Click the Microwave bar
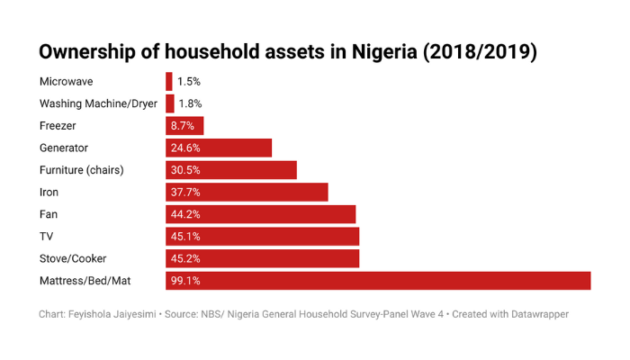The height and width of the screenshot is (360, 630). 168,81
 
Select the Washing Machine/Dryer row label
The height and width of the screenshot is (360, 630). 98,103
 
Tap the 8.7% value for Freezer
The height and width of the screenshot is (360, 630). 182,126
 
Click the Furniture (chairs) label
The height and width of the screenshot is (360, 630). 81,170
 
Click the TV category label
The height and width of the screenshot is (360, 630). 47,237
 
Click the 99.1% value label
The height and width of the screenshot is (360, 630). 184,281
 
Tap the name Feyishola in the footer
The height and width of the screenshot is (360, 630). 100,314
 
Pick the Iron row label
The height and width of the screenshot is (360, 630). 49,192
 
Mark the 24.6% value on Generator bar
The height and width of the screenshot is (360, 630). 184,148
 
